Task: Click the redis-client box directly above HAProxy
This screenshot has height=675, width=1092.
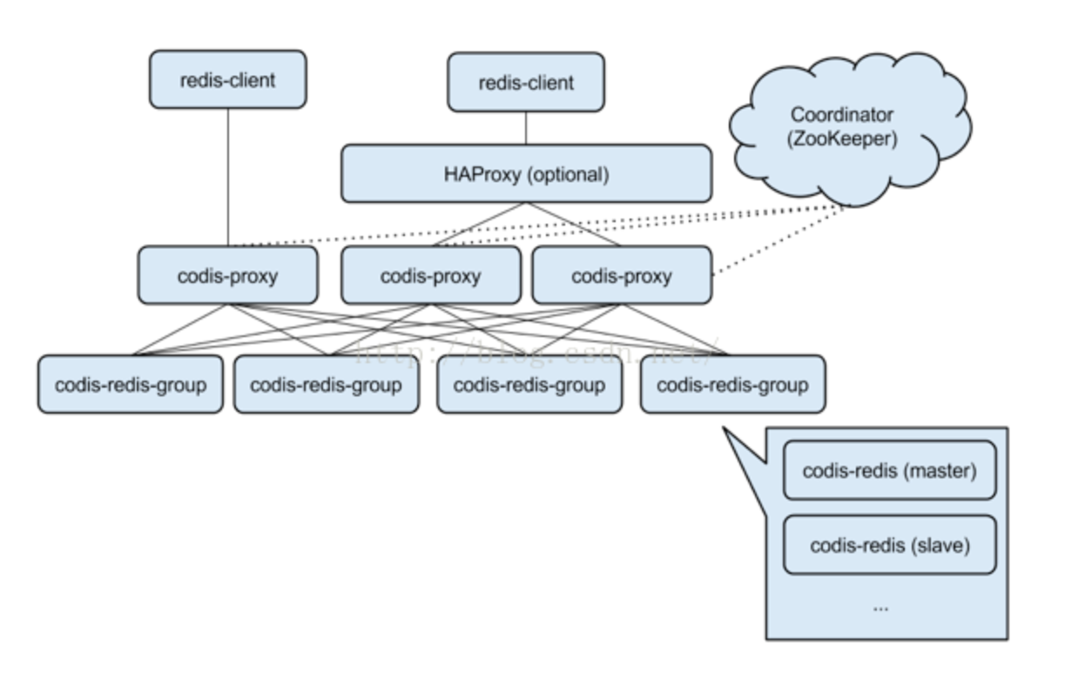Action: click(526, 83)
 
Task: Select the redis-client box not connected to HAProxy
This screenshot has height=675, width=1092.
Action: click(227, 80)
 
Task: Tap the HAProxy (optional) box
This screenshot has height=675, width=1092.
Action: click(526, 174)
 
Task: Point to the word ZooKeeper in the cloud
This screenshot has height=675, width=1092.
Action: click(843, 139)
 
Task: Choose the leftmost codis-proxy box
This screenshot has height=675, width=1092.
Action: click(227, 276)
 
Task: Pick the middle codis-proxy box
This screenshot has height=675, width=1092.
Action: click(431, 276)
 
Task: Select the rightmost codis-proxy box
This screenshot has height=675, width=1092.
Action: click(621, 276)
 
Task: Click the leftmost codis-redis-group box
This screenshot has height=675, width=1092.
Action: click(131, 384)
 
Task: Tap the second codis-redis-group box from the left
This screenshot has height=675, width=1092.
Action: click(326, 384)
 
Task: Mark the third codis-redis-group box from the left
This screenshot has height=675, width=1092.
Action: click(529, 384)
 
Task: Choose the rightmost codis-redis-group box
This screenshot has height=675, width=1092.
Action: click(732, 384)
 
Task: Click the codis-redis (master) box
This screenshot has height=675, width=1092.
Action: click(889, 470)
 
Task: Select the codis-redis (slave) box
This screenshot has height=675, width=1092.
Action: click(889, 545)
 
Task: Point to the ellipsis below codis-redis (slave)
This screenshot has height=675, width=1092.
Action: click(880, 607)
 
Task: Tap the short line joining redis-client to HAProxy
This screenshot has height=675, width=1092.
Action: click(526, 128)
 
